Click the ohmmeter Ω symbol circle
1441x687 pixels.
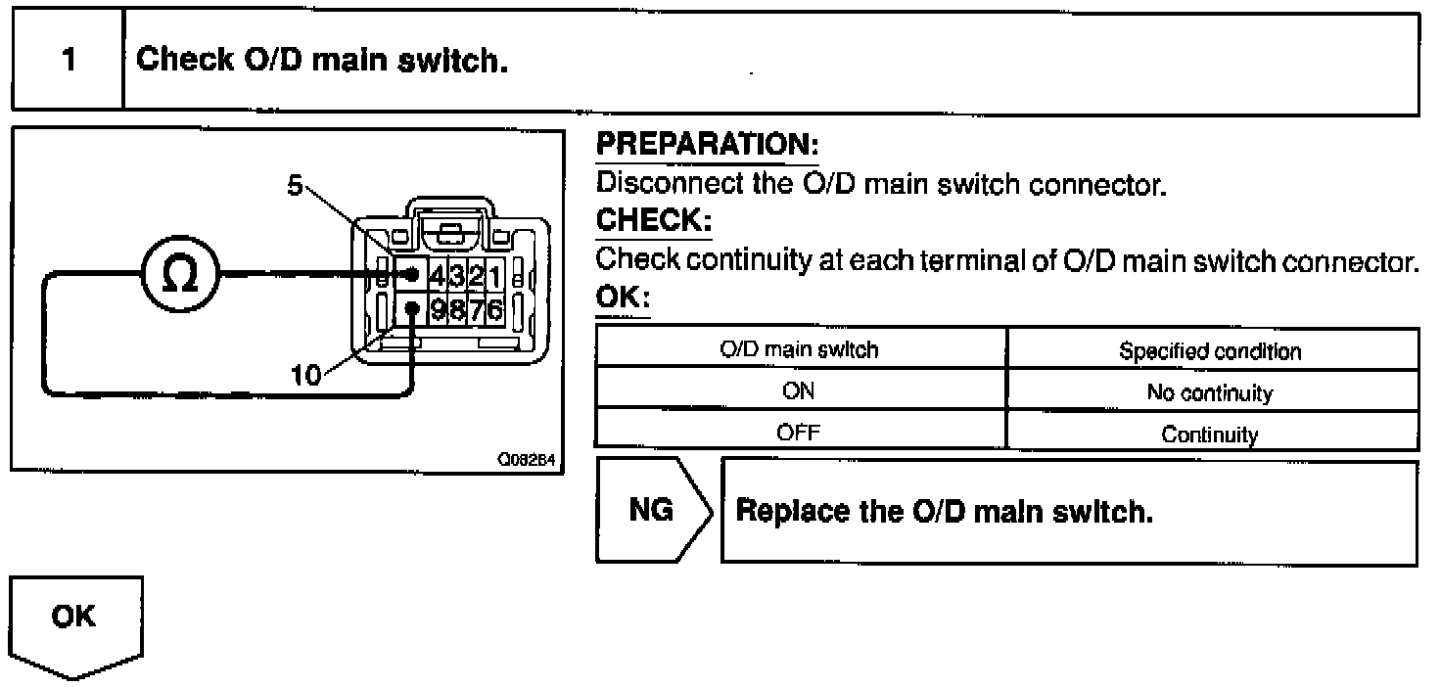183,273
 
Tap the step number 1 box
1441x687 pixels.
68,60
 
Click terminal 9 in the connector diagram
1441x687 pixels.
438,311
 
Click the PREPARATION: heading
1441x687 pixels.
707,146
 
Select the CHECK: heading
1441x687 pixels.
653,221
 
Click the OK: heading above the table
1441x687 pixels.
623,298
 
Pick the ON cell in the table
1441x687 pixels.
800,392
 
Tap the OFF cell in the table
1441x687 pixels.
800,433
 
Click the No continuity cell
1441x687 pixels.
1210,393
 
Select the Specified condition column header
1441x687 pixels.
1210,351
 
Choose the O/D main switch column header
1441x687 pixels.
800,350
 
